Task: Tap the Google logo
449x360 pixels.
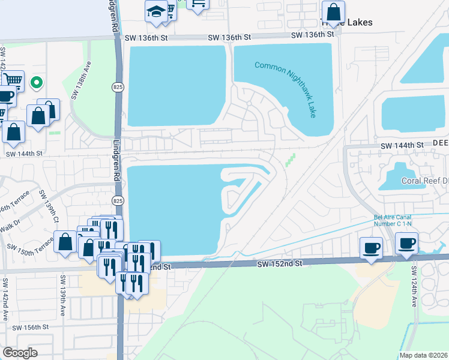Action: tap(20, 352)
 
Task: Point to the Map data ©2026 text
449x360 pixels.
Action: tap(424, 355)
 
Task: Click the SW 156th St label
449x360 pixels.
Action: tap(28, 328)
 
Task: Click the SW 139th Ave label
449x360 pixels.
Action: tap(62, 296)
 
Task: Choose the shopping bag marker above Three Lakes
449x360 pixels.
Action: tap(333, 11)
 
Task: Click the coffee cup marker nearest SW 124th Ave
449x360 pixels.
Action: tap(407, 243)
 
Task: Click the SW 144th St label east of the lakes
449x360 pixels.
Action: tap(402, 145)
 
